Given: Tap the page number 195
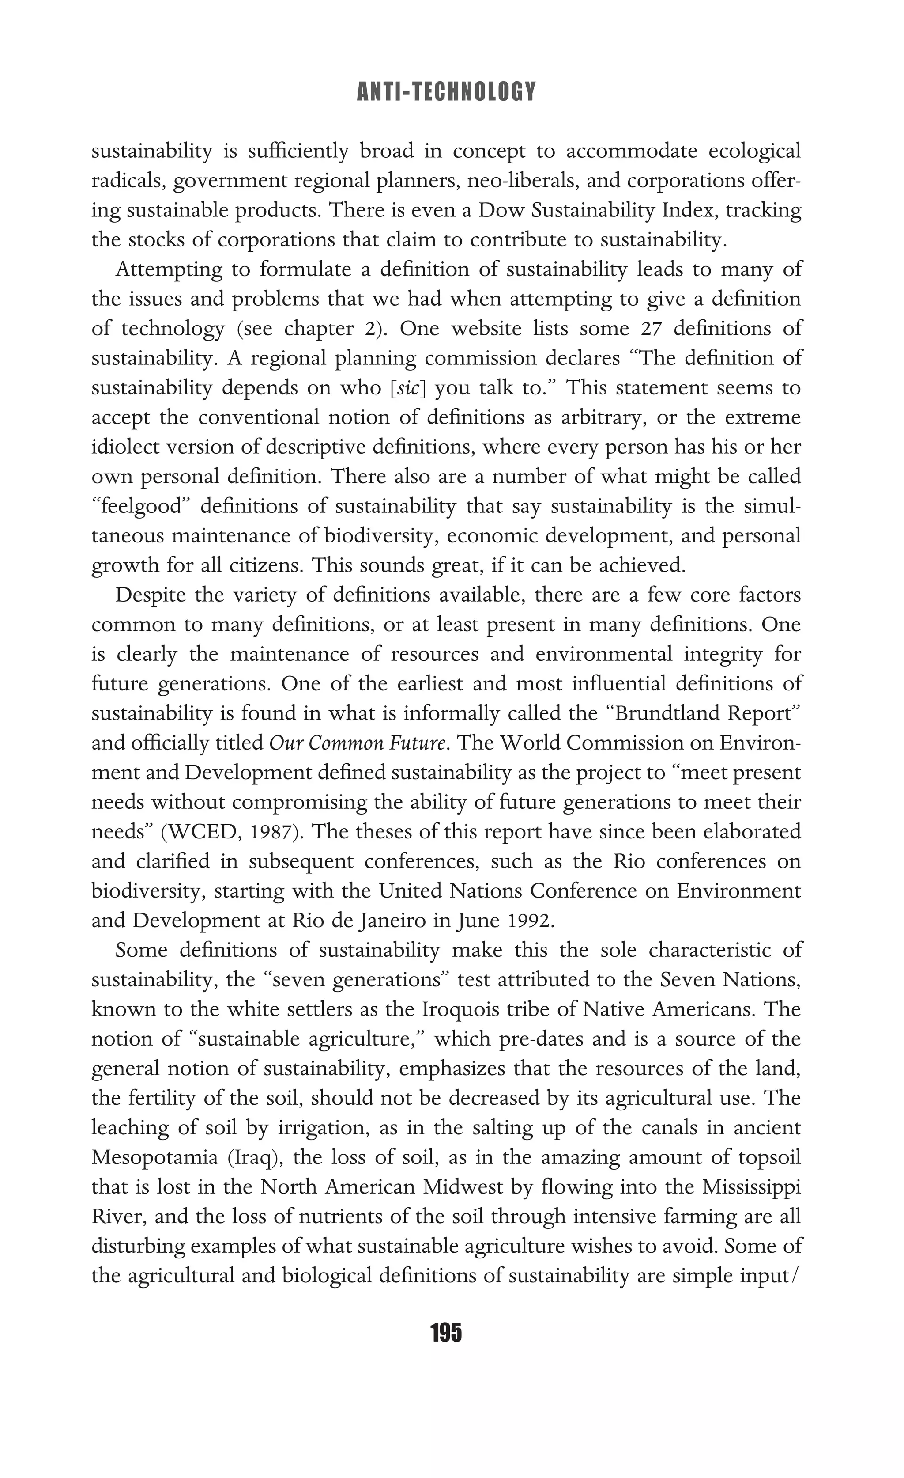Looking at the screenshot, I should pos(446,1333).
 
